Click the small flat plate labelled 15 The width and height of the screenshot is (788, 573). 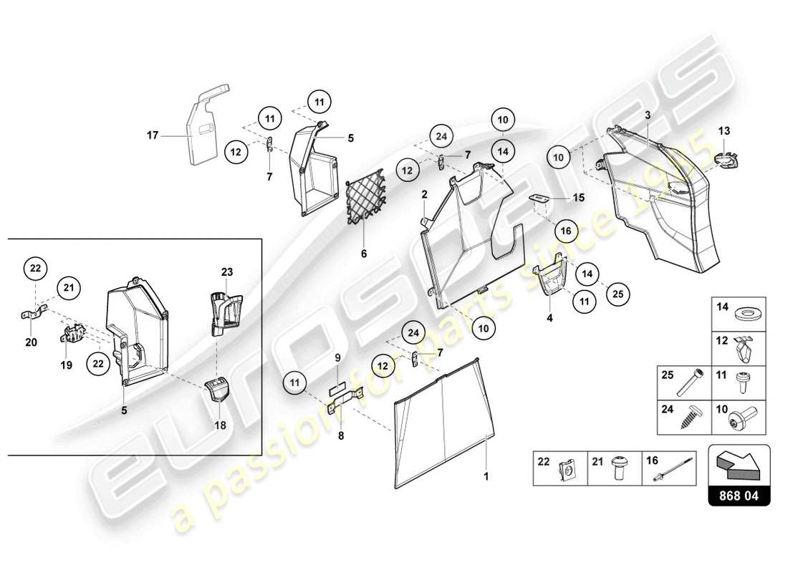click(541, 197)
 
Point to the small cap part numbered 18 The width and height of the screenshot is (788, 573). click(218, 393)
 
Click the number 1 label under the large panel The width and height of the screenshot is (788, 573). click(486, 474)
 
